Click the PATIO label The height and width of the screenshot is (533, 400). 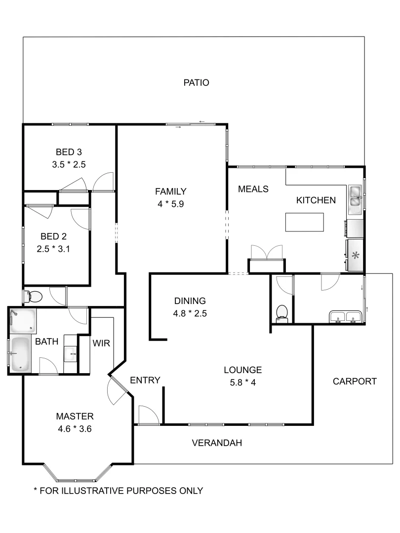click(196, 82)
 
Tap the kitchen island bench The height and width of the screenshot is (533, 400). click(305, 222)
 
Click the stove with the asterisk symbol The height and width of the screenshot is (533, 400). click(355, 255)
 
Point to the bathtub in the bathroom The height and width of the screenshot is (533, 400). click(20, 353)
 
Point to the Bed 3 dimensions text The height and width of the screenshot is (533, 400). click(69, 165)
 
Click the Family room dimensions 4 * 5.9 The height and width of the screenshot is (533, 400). click(170, 203)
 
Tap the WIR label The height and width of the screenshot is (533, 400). click(101, 343)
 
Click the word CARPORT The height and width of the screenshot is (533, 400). click(354, 381)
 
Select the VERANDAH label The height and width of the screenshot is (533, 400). click(217, 443)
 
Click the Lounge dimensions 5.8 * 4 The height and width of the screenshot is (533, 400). click(242, 381)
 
